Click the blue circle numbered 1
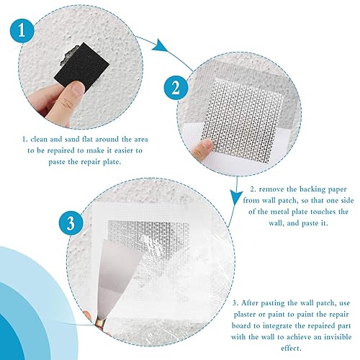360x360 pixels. (x=22, y=31)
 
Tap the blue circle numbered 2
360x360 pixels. (x=176, y=88)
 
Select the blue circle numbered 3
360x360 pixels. (x=71, y=223)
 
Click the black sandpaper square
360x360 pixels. (x=81, y=65)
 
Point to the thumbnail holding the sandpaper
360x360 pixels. (x=78, y=88)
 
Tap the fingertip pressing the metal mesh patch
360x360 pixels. (x=204, y=145)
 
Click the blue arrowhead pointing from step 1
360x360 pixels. (x=160, y=45)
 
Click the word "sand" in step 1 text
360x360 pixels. (x=71, y=139)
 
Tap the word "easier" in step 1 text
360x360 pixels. (x=121, y=150)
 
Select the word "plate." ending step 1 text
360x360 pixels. (x=111, y=162)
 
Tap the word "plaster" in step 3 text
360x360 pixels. (x=245, y=315)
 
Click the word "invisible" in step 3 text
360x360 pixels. (x=338, y=337)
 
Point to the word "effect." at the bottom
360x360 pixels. (x=291, y=348)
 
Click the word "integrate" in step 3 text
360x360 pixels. (x=278, y=326)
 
